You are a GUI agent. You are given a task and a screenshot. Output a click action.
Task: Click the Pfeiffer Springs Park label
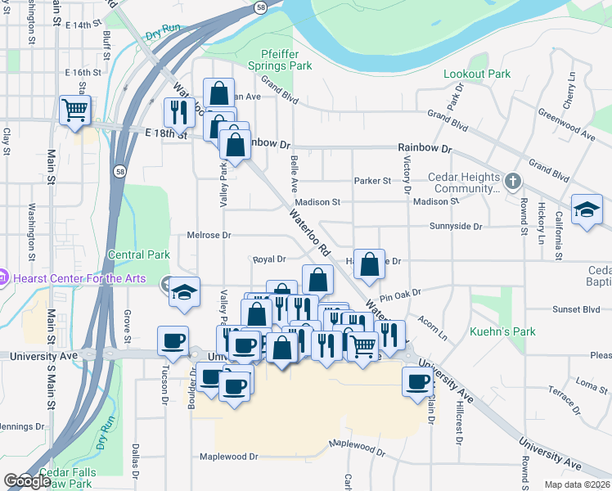[281, 60]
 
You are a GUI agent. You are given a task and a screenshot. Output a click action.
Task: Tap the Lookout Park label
[477, 74]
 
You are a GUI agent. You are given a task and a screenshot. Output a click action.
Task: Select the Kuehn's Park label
[502, 331]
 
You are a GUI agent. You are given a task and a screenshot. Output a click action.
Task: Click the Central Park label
[138, 255]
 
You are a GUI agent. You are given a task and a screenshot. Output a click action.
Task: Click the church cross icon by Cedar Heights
[512, 181]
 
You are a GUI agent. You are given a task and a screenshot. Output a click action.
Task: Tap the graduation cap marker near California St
[587, 209]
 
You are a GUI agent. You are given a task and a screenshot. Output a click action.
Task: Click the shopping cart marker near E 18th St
[74, 109]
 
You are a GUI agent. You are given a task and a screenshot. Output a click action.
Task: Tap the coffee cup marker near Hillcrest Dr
[418, 381]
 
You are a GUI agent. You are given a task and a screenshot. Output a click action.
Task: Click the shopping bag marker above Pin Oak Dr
[370, 264]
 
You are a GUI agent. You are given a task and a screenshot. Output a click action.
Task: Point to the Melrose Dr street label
[209, 235]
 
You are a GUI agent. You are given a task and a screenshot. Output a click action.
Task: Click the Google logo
[27, 481]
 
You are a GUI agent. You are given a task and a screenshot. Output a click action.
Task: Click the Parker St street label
[372, 181]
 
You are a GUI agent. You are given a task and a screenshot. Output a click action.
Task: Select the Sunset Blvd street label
[553, 310]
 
